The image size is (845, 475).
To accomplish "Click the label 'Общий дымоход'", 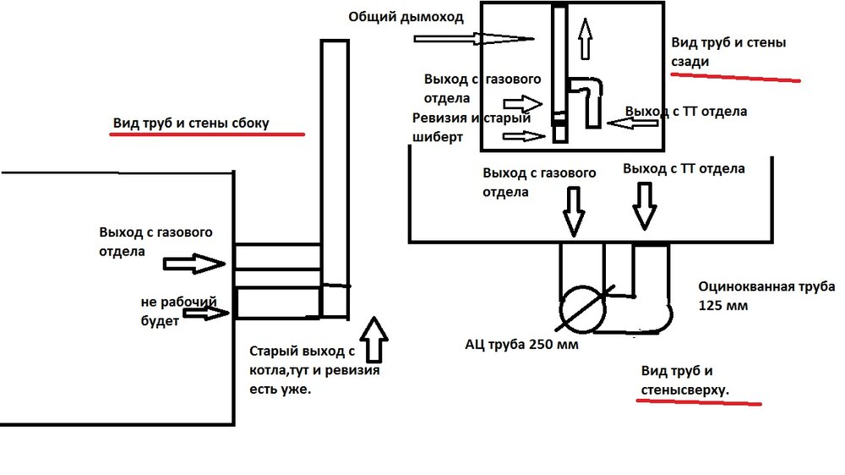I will click(405, 17).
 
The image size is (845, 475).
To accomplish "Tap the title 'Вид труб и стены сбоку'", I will click(191, 123).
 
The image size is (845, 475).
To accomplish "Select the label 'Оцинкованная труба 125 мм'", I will click(766, 296).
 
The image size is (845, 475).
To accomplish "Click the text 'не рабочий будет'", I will click(179, 311).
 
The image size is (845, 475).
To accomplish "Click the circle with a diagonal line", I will click(582, 305).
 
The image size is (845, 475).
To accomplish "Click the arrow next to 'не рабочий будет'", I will click(206, 314).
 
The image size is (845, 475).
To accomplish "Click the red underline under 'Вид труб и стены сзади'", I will click(735, 78).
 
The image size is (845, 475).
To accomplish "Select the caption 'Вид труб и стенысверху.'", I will click(684, 380).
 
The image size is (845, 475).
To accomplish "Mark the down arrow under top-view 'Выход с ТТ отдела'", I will click(646, 207).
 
